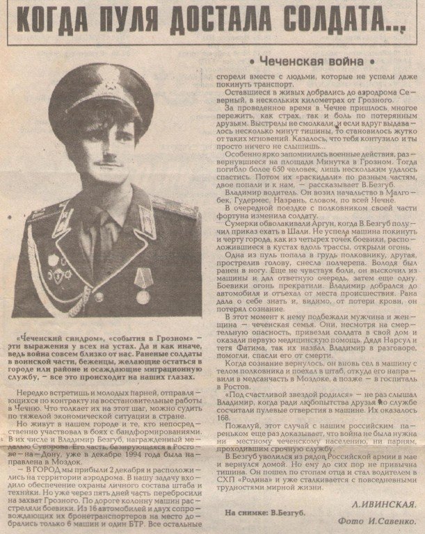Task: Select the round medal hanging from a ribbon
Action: click(143, 296)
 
